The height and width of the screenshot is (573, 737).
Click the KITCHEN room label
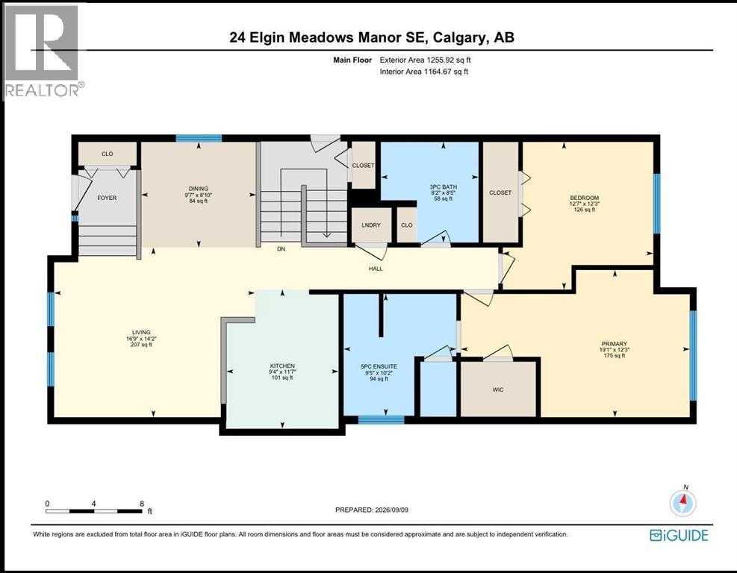(x=282, y=366)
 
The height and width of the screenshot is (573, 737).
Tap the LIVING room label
(x=141, y=333)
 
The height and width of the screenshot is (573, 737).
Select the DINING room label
(x=199, y=189)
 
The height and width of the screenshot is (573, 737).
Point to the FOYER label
(x=107, y=198)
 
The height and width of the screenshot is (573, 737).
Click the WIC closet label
(x=498, y=389)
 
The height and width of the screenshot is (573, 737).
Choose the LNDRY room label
(x=371, y=225)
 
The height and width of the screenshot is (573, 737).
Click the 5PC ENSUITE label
(x=379, y=366)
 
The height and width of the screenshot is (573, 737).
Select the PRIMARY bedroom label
(x=614, y=344)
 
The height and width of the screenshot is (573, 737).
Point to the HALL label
(x=376, y=269)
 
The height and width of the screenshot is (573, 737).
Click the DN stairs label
(x=281, y=249)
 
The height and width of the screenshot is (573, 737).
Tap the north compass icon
(x=683, y=504)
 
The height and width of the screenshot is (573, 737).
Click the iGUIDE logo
(x=679, y=536)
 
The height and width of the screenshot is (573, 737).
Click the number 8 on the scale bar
(x=141, y=504)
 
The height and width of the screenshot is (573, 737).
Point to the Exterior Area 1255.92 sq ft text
(x=425, y=60)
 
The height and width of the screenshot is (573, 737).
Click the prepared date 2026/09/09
(x=391, y=510)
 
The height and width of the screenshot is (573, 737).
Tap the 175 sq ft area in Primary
(x=614, y=356)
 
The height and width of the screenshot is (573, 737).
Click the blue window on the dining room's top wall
(x=199, y=138)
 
